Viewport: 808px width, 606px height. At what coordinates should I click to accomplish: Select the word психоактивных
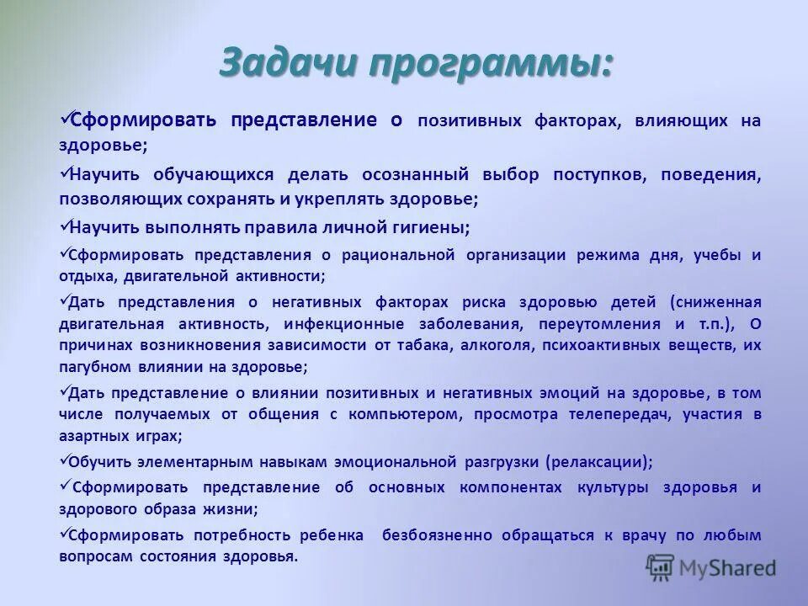622,345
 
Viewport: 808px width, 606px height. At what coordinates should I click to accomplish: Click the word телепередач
615,414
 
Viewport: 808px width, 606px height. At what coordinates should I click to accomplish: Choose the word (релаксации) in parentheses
598,462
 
